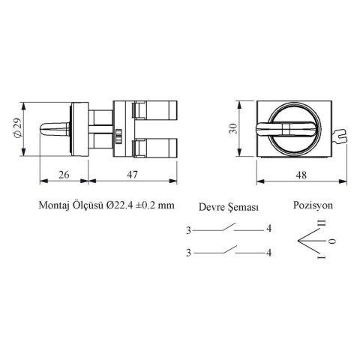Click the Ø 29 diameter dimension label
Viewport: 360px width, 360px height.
click(18, 127)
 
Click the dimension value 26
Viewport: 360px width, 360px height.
click(64, 175)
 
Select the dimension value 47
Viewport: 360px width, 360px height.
click(132, 175)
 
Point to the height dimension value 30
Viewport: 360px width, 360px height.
click(233, 128)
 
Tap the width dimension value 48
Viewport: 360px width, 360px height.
click(301, 175)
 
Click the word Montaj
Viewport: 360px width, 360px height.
click(53, 205)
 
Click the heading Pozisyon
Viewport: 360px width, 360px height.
click(313, 205)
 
